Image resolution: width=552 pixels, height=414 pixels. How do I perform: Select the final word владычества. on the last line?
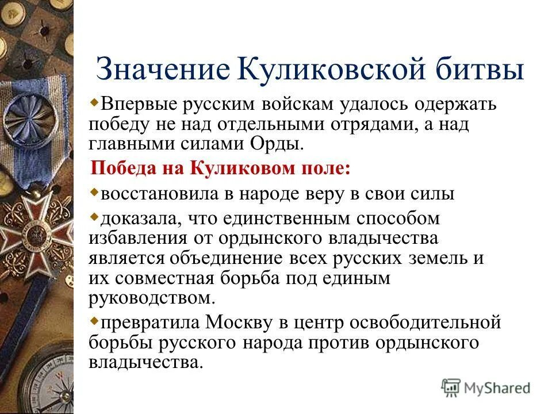pos(147,363)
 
